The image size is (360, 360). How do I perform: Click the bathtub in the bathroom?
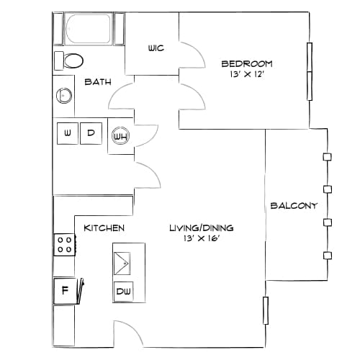89,29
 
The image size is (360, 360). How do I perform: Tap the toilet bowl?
73,60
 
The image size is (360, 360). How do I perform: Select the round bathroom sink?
64,96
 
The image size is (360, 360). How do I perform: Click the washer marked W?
68,133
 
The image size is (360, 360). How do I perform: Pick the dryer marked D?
91,133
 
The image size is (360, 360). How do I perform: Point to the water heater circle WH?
121,136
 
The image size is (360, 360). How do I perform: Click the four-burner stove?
65,245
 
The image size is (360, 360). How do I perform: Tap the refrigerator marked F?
65,291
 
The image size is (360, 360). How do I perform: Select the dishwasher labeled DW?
123,292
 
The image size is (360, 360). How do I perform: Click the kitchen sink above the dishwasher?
122,264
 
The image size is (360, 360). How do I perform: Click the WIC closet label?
156,48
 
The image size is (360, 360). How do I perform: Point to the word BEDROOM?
247,64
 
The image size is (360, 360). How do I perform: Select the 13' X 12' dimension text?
247,74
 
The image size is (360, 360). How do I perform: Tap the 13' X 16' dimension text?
202,238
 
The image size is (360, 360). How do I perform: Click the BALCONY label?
294,206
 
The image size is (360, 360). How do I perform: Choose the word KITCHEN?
104,228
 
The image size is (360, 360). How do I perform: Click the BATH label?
98,82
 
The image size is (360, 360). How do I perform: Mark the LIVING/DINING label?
202,228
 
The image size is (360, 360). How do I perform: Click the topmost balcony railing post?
327,157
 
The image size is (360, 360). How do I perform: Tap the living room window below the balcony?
266,310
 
